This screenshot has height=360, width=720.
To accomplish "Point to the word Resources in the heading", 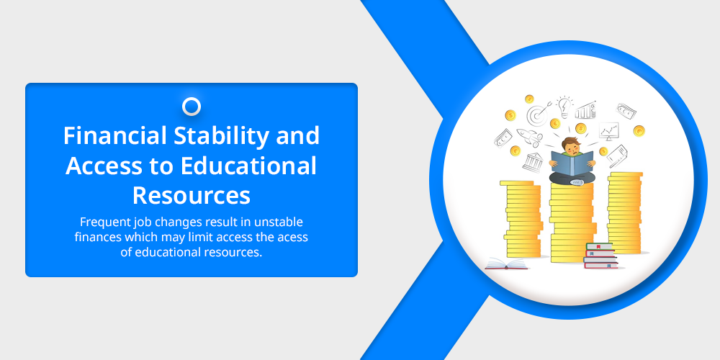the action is pos(192,195).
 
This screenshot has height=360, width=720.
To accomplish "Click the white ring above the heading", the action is pos(192,107).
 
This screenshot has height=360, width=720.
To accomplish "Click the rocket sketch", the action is pos(529,136).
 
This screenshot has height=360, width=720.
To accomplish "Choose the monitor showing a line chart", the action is pos(609,131).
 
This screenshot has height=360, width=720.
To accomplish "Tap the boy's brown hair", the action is pos(571,142).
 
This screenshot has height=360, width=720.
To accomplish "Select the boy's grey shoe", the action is pos(577,182).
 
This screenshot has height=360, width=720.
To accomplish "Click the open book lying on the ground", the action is pos(506,264).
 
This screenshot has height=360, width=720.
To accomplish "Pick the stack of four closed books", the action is pos(600,256).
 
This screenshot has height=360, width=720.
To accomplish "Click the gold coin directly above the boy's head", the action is pos(581,128).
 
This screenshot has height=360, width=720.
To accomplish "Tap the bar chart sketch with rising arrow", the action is pos(585,110).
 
